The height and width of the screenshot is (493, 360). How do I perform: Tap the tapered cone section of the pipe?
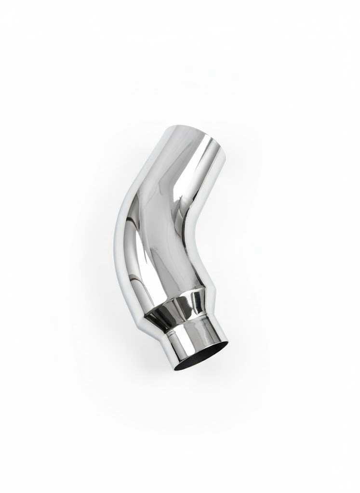(178, 308)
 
